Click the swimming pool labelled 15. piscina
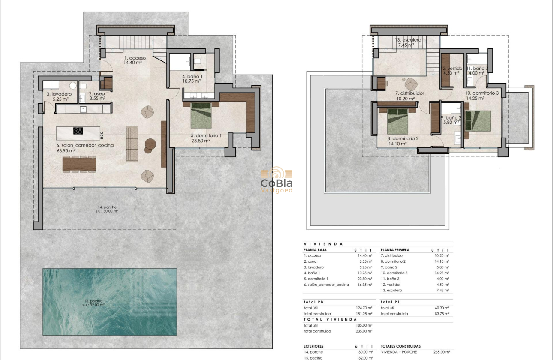pos(109,301)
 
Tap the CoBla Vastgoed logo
pos(276,180)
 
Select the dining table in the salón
pos(79,164)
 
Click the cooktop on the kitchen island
pos(78,131)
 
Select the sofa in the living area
pos(132,144)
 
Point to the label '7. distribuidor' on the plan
pos(409,93)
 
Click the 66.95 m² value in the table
pos(364,285)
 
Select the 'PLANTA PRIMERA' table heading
pos(395,250)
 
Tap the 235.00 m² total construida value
pos(364,331)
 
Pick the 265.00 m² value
pos(442,352)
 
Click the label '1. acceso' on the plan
pos(135,58)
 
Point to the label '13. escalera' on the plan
pos(408,40)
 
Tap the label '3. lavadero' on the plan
pos(59,94)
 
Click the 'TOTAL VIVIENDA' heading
pos(330,320)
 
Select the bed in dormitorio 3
pos(479,120)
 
